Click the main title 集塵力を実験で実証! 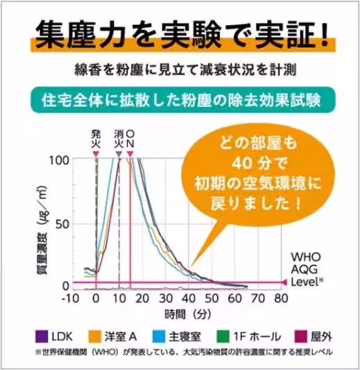click(x=180, y=33)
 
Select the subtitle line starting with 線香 click(x=179, y=70)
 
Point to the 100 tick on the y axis click(x=60, y=161)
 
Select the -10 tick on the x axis click(x=72, y=299)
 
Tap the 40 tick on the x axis click(x=188, y=299)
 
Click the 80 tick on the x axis click(x=281, y=299)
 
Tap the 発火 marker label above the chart click(x=96, y=137)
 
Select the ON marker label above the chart click(x=130, y=137)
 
